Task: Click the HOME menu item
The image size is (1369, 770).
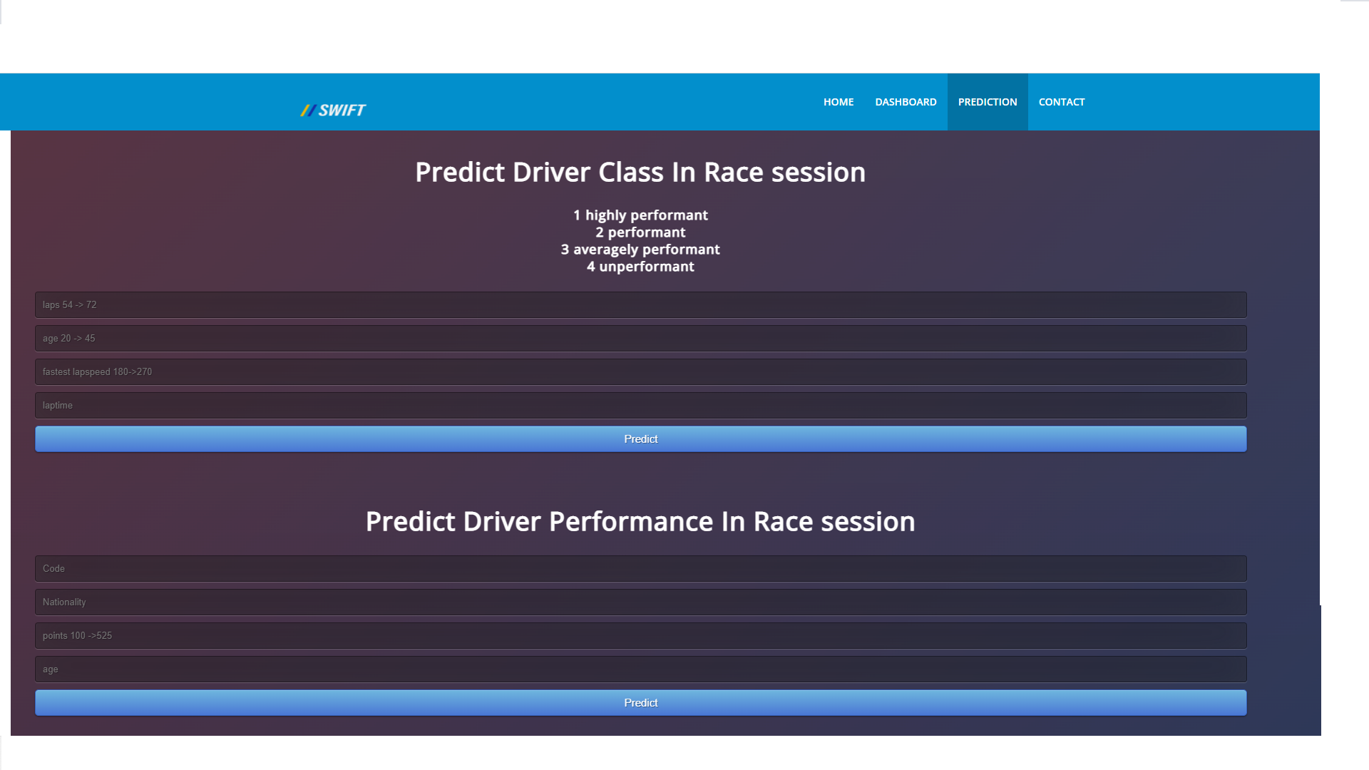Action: click(838, 102)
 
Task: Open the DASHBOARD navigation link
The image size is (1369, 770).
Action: click(906, 102)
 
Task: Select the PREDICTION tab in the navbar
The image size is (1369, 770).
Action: click(987, 102)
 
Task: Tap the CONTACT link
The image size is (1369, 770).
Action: click(1061, 102)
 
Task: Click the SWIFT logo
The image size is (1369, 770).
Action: click(333, 111)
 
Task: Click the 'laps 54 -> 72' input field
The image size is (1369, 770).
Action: click(640, 304)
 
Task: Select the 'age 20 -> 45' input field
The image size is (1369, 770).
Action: click(640, 338)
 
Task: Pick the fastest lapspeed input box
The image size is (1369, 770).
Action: click(640, 371)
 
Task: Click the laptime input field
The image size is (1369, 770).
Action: click(640, 405)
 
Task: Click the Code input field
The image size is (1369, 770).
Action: click(640, 568)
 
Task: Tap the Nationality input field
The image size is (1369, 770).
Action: click(640, 602)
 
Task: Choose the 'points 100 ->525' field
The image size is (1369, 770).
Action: click(640, 635)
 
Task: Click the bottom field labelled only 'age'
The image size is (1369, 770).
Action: click(640, 669)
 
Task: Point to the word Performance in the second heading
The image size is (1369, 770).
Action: click(631, 522)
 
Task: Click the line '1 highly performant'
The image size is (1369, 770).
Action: click(640, 215)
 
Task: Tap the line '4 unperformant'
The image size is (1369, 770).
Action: click(640, 267)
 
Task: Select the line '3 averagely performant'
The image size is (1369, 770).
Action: click(640, 250)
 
